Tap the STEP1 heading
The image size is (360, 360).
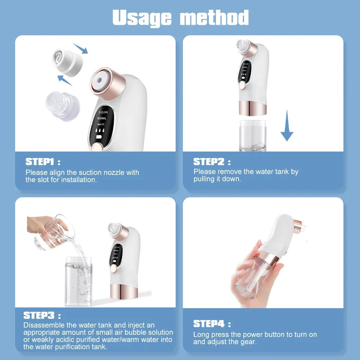point(40,162)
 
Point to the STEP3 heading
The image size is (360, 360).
point(39,315)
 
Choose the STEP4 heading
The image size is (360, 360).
point(208,324)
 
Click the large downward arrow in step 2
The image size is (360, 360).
point(287,126)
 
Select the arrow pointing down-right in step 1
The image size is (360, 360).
point(80,48)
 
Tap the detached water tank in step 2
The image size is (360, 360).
point(252,135)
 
